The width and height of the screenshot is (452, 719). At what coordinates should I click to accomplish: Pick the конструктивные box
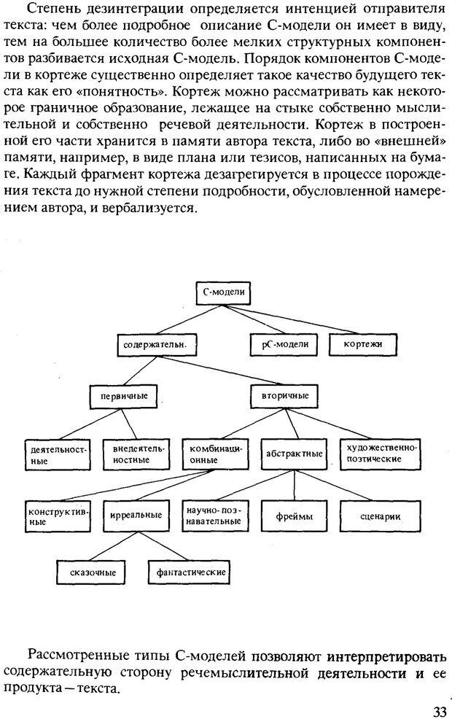tap(57, 516)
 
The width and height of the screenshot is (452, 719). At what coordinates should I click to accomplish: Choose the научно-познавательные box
tap(214, 516)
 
